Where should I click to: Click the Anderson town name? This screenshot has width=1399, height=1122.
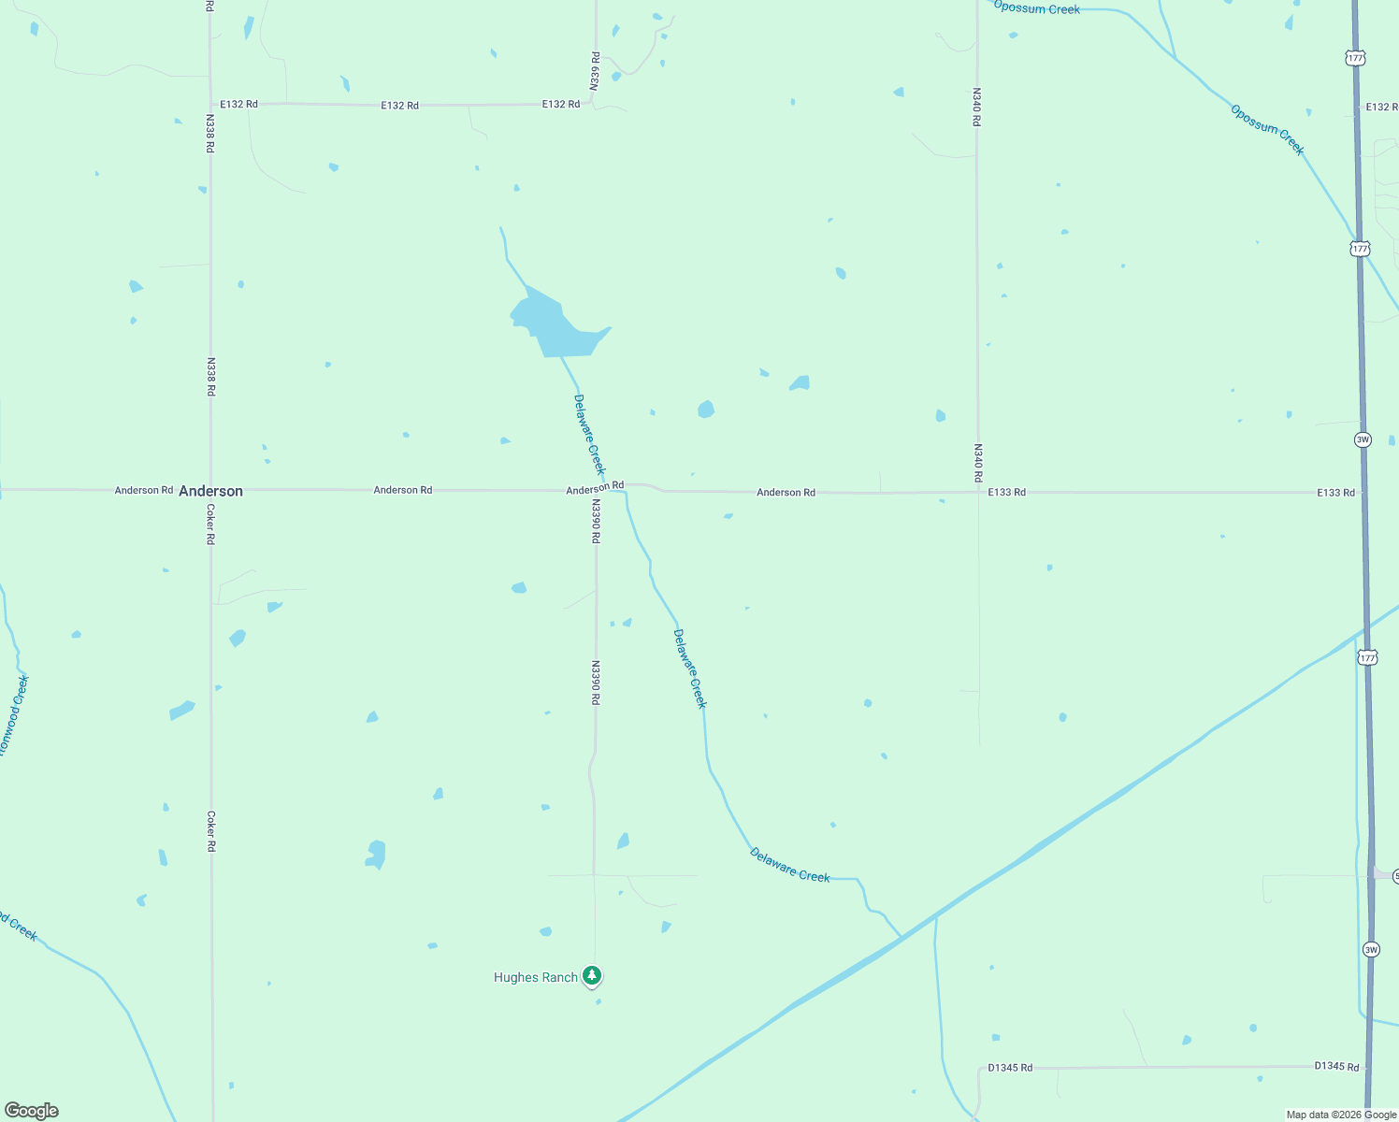(210, 491)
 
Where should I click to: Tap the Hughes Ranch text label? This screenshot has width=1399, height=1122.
(536, 977)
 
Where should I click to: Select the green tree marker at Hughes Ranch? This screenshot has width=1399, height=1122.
(591, 975)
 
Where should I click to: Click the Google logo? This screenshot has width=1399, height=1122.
(31, 1111)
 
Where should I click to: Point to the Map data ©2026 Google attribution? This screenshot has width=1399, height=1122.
(1341, 1115)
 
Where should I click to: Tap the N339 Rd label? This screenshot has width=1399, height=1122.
(595, 71)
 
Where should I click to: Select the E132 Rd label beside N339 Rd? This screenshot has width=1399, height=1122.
(561, 104)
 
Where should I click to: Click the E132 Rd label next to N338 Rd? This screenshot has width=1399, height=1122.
(238, 104)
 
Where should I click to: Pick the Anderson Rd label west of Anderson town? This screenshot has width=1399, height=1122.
(144, 490)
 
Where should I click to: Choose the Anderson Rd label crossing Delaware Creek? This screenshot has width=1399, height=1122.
(595, 488)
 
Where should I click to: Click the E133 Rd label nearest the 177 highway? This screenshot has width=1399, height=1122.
(1335, 493)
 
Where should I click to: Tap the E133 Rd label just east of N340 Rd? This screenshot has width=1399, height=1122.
(1006, 492)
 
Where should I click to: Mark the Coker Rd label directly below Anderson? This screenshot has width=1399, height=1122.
(210, 525)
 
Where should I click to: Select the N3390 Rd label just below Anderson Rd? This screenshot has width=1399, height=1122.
(595, 521)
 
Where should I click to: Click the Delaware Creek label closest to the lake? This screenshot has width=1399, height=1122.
(589, 435)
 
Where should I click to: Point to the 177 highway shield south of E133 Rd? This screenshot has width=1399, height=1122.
(1368, 658)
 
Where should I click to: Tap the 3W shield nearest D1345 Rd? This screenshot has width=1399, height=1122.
(1370, 950)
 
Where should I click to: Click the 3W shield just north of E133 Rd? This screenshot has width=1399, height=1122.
(1363, 439)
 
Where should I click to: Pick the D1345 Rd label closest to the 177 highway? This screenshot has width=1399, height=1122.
(1336, 1066)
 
